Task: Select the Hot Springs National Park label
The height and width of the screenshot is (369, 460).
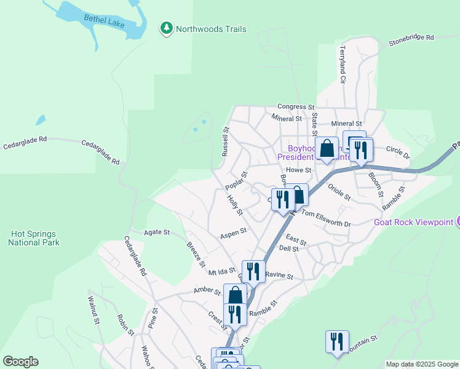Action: pos(34,238)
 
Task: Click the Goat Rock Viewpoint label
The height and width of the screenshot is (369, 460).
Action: pos(413,221)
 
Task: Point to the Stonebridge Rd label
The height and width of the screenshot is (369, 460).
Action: pos(411,39)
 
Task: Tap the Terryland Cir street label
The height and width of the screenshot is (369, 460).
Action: pos(343,65)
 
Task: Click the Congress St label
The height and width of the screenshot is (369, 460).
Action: pos(296,106)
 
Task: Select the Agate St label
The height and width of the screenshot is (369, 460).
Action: pos(156,232)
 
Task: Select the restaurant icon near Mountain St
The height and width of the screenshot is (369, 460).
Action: pos(337,341)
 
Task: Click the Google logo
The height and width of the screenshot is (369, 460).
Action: pos(20,362)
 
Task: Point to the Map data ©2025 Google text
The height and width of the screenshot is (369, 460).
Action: pos(422,364)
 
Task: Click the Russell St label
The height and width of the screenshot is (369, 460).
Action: pos(225,140)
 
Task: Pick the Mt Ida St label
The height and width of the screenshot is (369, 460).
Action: pos(222,271)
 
